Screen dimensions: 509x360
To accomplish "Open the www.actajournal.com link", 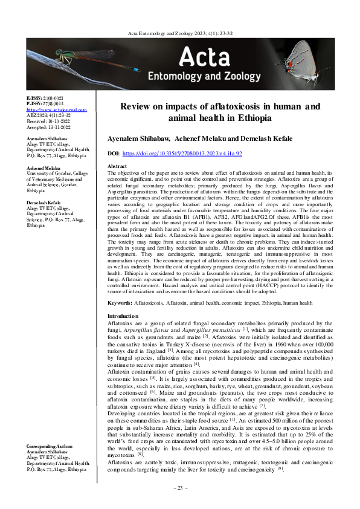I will pos(49,109).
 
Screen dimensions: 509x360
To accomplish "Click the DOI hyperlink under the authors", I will pos(182,154).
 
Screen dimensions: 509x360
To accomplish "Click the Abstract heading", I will pos(117,166).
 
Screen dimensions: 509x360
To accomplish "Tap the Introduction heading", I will pos(123,316).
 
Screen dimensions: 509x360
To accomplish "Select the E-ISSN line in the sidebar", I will pos(45,97).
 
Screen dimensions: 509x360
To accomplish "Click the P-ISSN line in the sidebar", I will pos(45,103).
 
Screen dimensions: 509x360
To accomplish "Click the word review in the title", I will pos(137,106).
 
